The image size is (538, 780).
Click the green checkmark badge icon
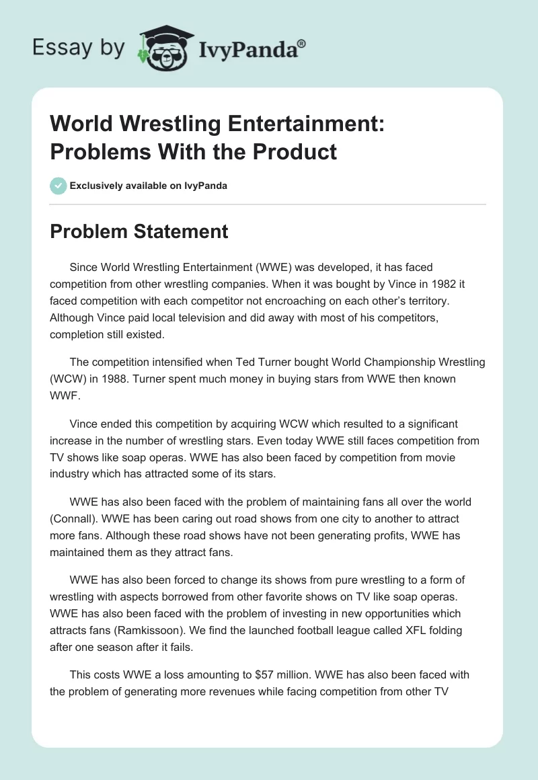(59, 186)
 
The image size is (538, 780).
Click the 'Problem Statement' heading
(139, 232)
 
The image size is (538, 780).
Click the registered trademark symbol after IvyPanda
(302, 43)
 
